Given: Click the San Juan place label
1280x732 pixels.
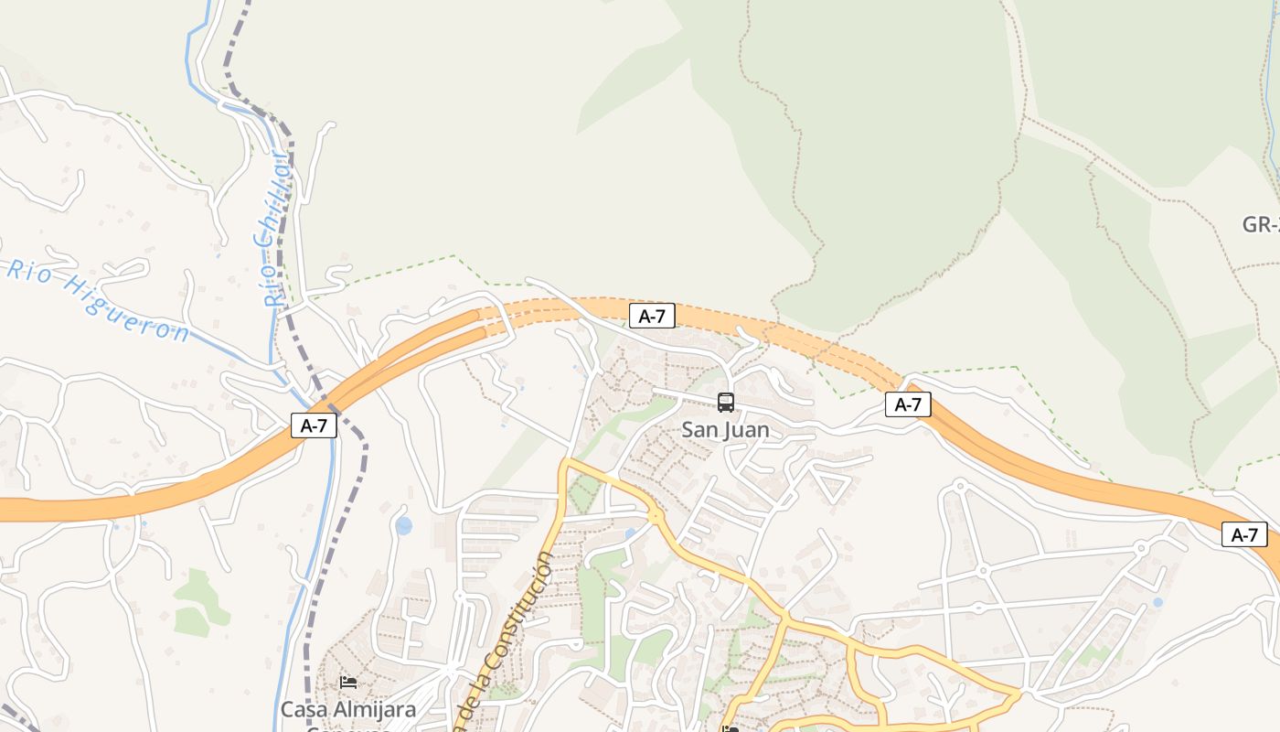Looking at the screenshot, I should tap(726, 429).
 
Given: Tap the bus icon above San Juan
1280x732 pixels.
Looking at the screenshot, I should tap(726, 402).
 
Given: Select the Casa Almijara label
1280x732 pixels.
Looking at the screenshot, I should tap(347, 709).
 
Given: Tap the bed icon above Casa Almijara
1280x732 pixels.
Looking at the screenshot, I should tap(347, 682).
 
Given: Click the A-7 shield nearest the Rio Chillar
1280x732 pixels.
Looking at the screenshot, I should tap(314, 425).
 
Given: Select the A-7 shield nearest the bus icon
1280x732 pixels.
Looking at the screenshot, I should tap(652, 317).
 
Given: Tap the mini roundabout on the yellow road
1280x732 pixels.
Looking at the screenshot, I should tap(655, 517).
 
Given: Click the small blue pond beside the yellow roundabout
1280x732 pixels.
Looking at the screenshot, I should tap(630, 533).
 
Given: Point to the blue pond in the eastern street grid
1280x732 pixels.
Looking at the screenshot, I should tap(1157, 602).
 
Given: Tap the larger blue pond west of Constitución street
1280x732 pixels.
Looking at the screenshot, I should tap(403, 525).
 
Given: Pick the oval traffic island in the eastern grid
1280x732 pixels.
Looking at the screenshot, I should tap(978, 607).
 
